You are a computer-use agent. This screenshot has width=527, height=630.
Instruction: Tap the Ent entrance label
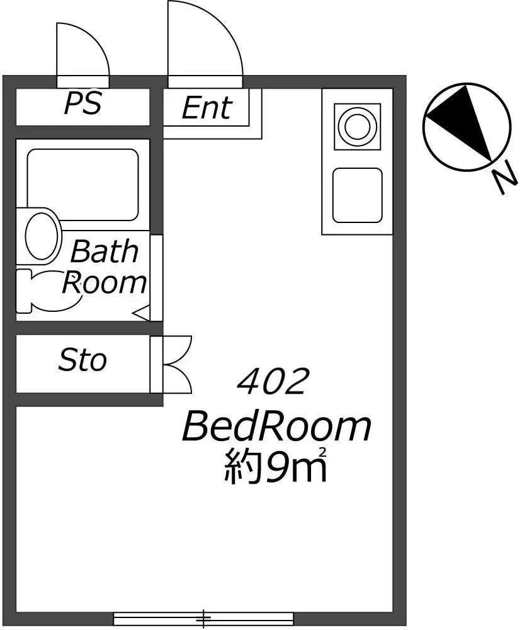[207, 108]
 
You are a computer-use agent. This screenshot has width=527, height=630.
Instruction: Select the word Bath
[105, 251]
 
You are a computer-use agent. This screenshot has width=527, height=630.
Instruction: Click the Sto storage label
[82, 360]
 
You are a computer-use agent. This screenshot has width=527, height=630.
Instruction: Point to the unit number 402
[273, 381]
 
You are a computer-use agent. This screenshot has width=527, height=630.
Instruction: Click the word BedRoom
[276, 427]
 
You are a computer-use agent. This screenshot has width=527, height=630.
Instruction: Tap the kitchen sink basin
[357, 195]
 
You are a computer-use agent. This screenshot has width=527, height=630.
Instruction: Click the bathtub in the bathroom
[82, 185]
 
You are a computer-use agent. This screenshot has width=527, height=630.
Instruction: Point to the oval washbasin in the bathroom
[40, 235]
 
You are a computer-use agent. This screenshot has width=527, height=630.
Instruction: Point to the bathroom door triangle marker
[142, 313]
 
